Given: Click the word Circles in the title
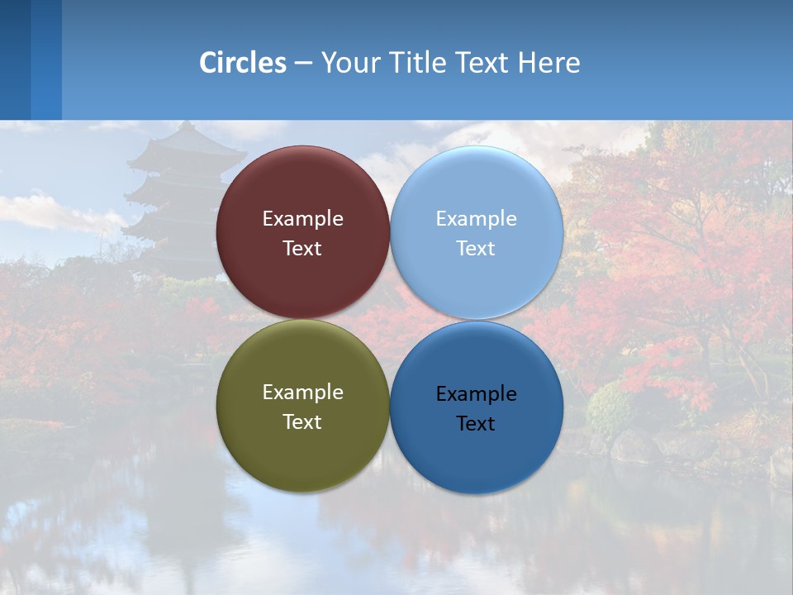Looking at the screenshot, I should click(243, 63).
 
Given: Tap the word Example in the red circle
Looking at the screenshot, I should click(302, 219).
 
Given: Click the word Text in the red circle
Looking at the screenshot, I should click(302, 249).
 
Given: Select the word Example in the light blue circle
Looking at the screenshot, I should click(477, 219).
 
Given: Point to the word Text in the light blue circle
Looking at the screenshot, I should click(477, 249).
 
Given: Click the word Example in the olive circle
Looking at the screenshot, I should click(302, 393).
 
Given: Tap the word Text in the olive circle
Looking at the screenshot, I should click(302, 422).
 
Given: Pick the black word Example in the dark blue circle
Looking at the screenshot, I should click(477, 394).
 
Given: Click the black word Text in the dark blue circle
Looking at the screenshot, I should click(477, 424).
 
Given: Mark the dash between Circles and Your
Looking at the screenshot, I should click(303, 64).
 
